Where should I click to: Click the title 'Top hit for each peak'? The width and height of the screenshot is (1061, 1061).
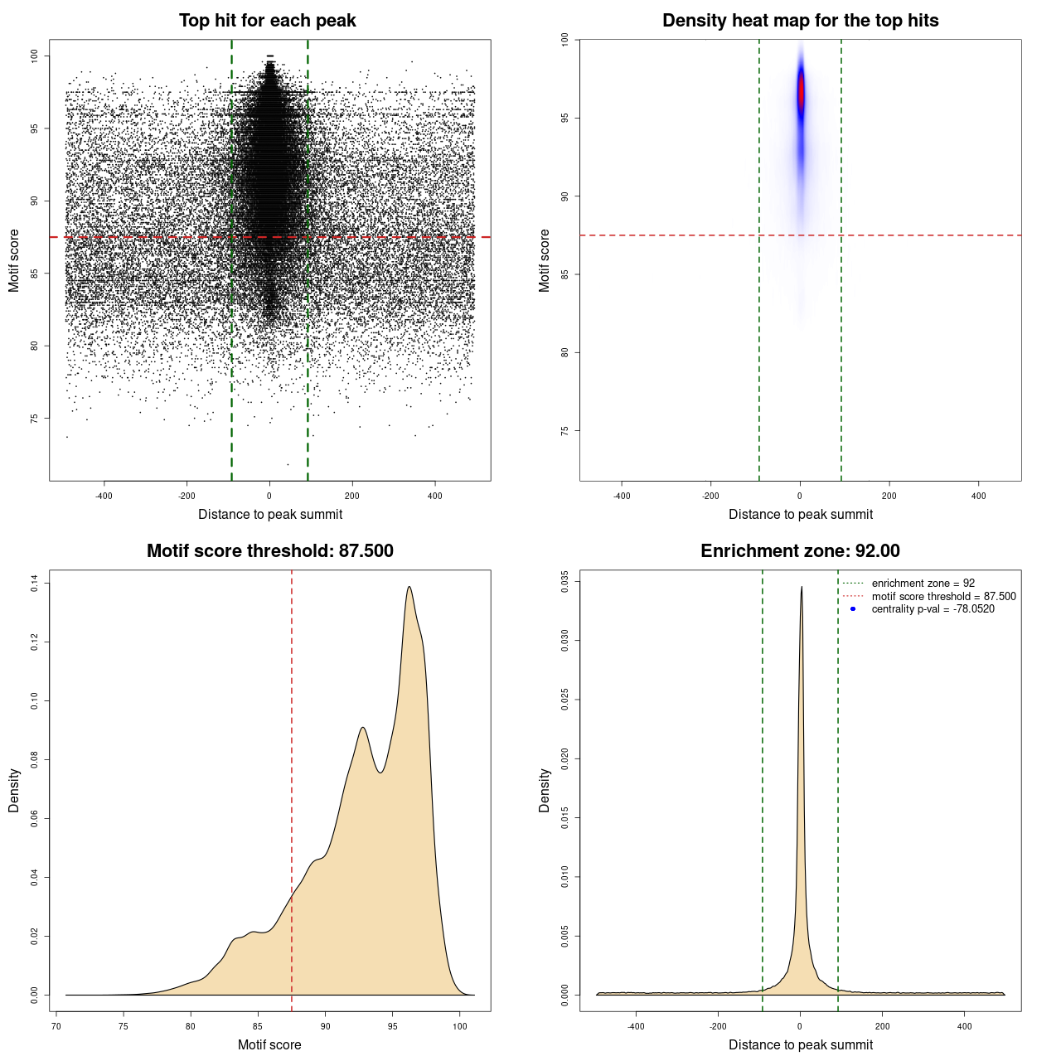pos(267,21)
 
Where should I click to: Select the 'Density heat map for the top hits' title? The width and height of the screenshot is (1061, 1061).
pos(800,21)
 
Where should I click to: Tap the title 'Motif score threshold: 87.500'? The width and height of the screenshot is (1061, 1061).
pos(269,551)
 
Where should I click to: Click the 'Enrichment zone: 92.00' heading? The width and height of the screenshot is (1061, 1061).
pos(800,551)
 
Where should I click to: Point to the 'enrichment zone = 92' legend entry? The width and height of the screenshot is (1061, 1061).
pos(923,584)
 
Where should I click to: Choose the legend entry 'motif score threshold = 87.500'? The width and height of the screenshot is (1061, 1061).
pos(943,596)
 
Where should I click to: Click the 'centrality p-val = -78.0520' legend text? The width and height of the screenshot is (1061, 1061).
pos(933,609)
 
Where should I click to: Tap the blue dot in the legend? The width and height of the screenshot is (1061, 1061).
pos(853,609)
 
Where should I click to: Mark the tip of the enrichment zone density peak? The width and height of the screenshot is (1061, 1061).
pos(801,588)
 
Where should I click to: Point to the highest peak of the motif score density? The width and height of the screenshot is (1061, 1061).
pos(409,588)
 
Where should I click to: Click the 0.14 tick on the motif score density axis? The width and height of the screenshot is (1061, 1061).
pos(34,584)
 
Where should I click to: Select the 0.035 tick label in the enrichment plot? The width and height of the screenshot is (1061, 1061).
pos(564,581)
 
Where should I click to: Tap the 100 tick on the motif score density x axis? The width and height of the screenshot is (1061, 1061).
pos(460,1026)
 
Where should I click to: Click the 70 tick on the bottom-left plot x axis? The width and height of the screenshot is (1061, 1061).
pos(56,1026)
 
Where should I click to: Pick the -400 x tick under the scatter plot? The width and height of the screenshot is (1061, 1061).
pos(104,496)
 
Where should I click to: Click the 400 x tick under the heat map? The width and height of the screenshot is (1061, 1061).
pos(978,496)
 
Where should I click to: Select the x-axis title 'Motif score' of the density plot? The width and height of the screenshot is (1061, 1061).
pos(269,1044)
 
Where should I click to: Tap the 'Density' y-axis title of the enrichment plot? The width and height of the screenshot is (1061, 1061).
pos(545,790)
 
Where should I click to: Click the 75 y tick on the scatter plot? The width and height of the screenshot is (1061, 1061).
pos(34,418)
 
